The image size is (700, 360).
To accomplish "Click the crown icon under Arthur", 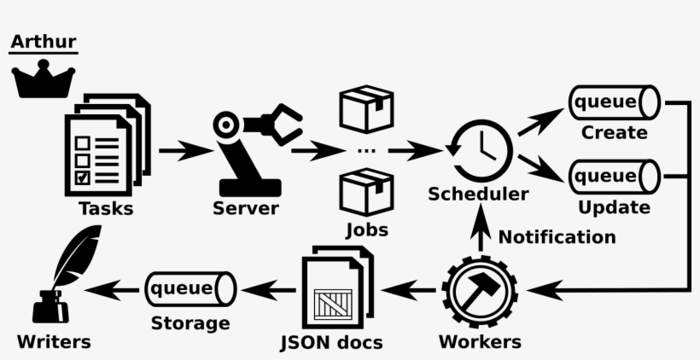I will (43, 78).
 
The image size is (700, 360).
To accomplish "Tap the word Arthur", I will (43, 41).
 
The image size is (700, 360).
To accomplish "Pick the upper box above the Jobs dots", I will (365, 109).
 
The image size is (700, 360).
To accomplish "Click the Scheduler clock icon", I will (479, 150).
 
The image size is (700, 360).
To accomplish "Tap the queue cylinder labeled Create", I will (615, 103).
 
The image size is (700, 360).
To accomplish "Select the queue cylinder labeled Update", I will (615, 177).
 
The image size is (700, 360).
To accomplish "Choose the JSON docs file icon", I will (337, 289).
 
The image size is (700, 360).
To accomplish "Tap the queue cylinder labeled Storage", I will (190, 289).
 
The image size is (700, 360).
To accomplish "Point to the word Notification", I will (557, 237).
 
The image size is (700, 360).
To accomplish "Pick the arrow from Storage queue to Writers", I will (113, 290).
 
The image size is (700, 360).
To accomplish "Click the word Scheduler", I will (478, 195).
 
